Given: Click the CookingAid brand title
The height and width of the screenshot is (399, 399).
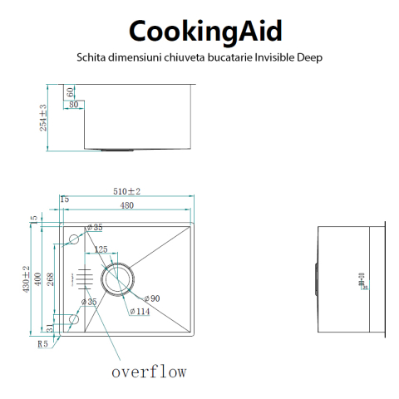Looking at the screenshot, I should click(204, 31).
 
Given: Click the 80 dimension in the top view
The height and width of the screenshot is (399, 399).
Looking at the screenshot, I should click(74, 105).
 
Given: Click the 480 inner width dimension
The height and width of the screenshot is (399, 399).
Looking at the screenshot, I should click(126, 205).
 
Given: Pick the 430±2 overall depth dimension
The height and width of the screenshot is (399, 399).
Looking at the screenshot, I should click(27, 279).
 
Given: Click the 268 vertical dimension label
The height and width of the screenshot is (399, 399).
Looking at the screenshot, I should click(50, 279).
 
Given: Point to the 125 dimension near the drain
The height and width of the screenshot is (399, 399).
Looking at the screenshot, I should click(101, 250).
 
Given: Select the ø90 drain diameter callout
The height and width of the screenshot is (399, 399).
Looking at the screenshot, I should click(151, 298).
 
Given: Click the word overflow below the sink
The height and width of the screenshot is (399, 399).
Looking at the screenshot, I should click(149, 371).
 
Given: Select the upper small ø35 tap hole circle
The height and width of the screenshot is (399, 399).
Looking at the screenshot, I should click(74, 239).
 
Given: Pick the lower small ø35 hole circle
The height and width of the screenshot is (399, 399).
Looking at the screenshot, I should click(74, 318).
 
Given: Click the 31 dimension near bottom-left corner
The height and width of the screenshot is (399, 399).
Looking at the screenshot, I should click(50, 329).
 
